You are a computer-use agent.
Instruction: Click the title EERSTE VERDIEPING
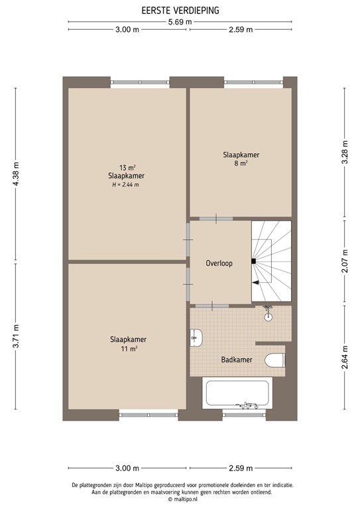(180, 11)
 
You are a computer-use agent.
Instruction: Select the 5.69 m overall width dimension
(180, 21)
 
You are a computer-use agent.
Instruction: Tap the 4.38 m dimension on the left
(17, 174)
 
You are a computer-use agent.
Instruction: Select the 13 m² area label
(127, 168)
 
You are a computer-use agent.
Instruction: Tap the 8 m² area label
(240, 163)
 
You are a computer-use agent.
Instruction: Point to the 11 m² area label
(129, 349)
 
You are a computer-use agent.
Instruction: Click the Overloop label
(219, 263)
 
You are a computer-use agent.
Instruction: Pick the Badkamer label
(235, 360)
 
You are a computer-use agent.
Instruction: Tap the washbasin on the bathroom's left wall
(197, 339)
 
